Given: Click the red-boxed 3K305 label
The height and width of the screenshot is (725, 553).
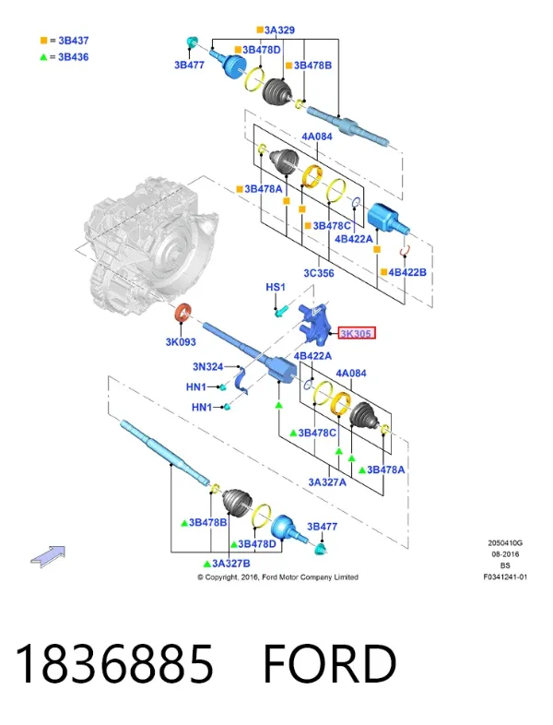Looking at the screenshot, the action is click(357, 333).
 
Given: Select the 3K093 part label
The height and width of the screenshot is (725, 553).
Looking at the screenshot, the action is click(181, 341).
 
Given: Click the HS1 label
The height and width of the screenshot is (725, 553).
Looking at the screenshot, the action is click(276, 287).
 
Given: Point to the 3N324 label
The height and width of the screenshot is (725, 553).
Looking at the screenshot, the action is click(208, 367).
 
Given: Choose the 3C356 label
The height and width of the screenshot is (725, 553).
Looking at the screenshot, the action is click(319, 273).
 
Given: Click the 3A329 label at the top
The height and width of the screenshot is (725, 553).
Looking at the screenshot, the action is click(279, 30).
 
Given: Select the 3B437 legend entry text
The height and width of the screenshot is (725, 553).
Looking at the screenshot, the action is click(74, 41).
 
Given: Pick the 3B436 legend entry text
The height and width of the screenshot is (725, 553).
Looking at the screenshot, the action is click(74, 57).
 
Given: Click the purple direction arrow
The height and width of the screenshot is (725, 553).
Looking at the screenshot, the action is click(48, 556).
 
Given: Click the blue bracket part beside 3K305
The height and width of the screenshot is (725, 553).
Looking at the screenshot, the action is click(314, 323).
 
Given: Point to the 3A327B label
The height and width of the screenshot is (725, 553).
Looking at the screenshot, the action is click(231, 564).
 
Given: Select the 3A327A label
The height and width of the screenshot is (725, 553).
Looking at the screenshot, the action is click(327, 482).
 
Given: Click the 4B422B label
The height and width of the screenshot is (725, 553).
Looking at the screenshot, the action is click(407, 272).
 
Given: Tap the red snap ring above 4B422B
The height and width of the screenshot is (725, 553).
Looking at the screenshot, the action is click(406, 251).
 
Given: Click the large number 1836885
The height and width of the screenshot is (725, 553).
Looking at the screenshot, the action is click(114, 664).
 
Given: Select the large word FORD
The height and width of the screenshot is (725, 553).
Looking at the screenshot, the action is click(329, 664).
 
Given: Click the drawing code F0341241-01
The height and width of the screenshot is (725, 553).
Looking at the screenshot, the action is click(505, 577).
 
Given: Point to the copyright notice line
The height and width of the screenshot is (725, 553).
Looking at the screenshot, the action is click(277, 577).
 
